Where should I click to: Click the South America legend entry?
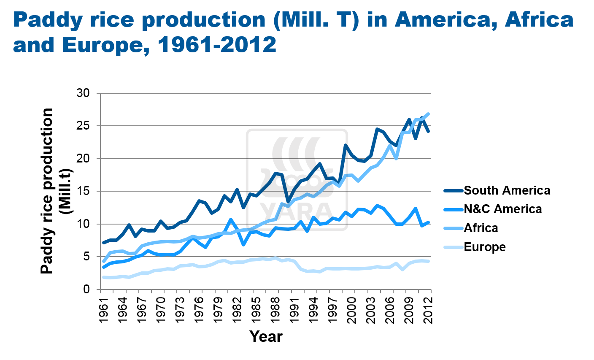(x=507, y=190)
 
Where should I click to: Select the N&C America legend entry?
(x=502, y=209)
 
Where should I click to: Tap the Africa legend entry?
(x=481, y=228)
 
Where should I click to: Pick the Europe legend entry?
(x=484, y=246)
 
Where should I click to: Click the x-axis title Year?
(x=266, y=336)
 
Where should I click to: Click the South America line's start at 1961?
(x=104, y=243)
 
